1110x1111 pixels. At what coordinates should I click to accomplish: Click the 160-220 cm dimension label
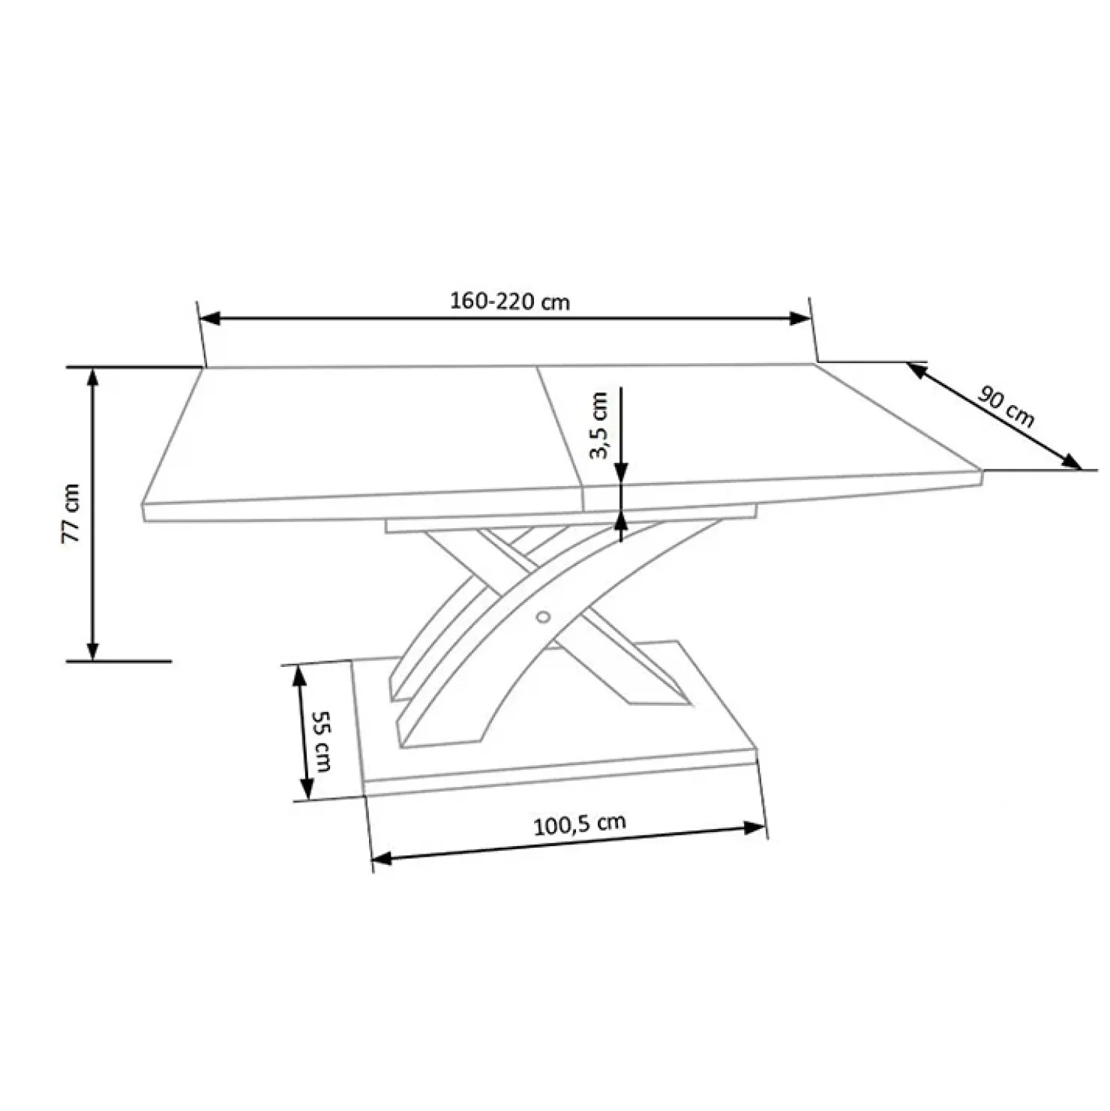pos(509,302)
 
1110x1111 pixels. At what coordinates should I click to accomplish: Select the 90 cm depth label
pos(1006,409)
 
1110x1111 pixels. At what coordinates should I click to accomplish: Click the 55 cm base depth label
pos(322,741)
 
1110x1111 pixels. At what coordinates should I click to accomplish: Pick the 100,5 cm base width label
pos(579,824)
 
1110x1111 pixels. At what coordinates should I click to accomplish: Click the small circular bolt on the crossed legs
pos(543,617)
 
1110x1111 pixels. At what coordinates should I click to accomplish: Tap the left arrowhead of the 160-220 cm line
pos(211,319)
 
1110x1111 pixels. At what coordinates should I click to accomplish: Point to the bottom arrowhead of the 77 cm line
pos(93,650)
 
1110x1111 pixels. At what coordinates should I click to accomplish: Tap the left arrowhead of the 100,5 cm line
pos(382,858)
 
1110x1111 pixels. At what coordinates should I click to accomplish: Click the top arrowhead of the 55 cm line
pos(298,675)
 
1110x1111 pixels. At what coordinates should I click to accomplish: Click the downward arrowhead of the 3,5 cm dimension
pos(621,473)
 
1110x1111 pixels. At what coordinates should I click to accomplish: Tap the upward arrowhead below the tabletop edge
pos(621,521)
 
